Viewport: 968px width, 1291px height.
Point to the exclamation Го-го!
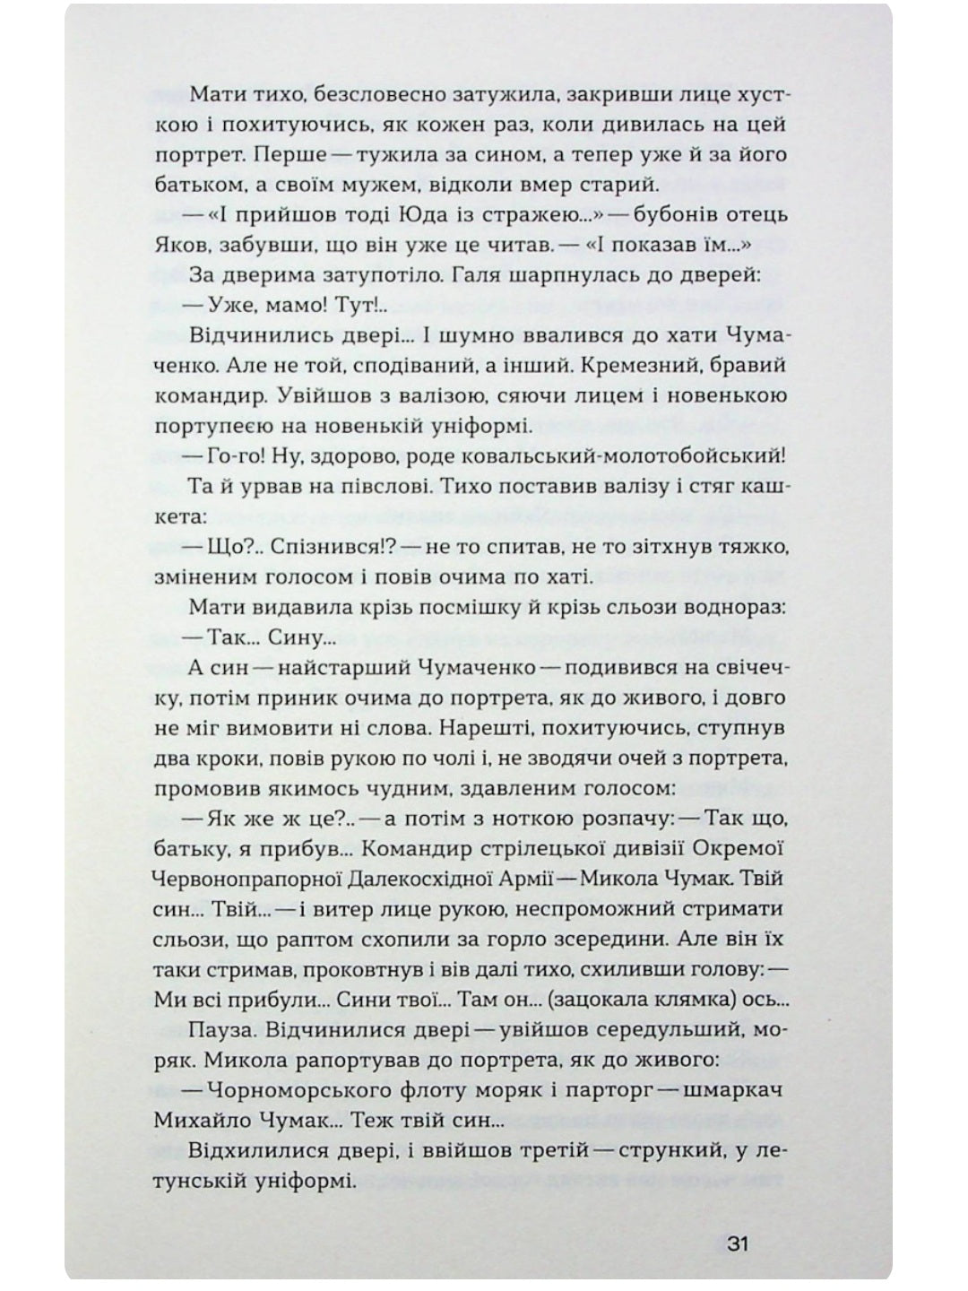235,456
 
